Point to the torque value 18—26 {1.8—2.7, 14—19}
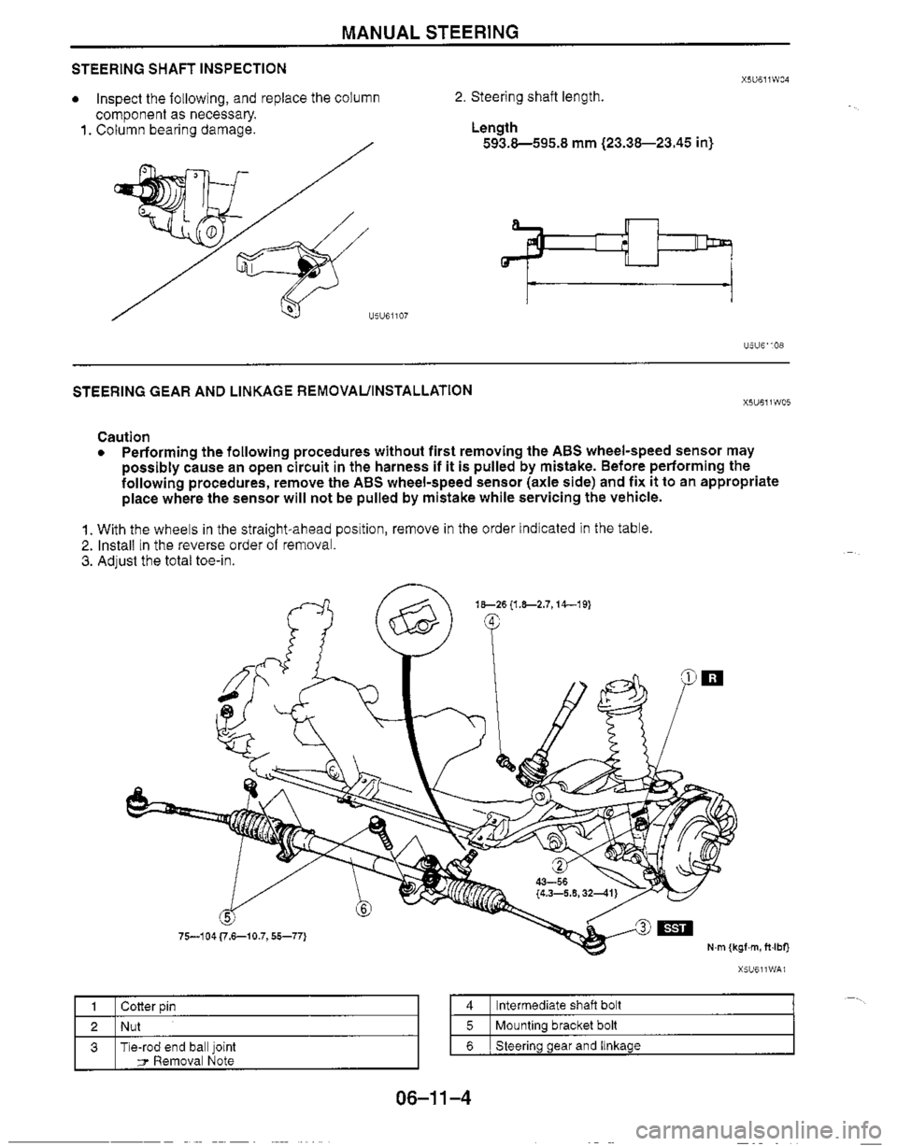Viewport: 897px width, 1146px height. [534, 604]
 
